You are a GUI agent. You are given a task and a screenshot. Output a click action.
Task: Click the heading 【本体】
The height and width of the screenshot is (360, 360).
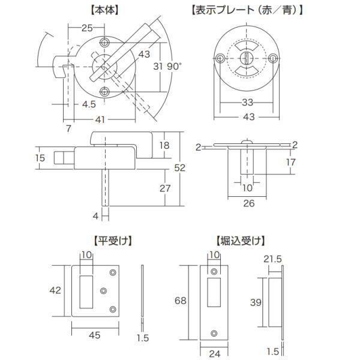pyautogui.click(x=104, y=10)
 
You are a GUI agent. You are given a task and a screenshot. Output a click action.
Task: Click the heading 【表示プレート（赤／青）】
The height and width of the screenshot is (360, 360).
pyautogui.click(x=247, y=10)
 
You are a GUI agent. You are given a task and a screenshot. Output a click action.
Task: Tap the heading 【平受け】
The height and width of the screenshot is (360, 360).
pyautogui.click(x=113, y=241)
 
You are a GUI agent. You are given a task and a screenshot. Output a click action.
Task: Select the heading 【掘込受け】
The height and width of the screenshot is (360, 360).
pyautogui.click(x=241, y=241)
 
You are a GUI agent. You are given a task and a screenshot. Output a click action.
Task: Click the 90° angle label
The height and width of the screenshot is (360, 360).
pyautogui.click(x=174, y=67)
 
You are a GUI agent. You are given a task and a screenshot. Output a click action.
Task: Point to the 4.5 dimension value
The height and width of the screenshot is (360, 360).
pyautogui.click(x=89, y=104)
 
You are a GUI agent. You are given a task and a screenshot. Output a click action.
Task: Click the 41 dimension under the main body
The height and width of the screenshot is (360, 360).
pyautogui.click(x=100, y=119)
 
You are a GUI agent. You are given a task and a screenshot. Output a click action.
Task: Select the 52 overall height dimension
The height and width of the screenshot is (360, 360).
pyautogui.click(x=179, y=168)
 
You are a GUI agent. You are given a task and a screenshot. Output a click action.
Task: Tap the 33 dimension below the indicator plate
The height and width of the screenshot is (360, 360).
pyautogui.click(x=247, y=103)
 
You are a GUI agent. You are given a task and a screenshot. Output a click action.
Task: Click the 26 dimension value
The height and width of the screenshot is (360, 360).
pyautogui.click(x=249, y=203)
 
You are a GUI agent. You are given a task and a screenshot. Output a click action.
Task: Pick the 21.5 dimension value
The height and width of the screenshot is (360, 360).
pyautogui.click(x=272, y=259)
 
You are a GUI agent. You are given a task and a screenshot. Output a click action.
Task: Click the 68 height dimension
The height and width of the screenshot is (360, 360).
pyautogui.click(x=180, y=301)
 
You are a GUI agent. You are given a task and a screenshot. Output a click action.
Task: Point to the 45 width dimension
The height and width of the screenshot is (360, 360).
pyautogui.click(x=95, y=335)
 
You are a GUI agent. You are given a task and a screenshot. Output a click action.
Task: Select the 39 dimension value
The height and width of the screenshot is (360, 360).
pyautogui.click(x=256, y=302)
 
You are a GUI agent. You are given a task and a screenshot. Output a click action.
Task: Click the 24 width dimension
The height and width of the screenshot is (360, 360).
pyautogui.click(x=214, y=354)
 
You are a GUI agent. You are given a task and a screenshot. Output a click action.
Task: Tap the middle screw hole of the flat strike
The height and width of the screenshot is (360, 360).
pyautogui.click(x=104, y=291)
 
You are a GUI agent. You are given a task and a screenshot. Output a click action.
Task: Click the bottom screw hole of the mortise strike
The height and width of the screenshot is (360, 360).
pyautogui.click(x=214, y=333)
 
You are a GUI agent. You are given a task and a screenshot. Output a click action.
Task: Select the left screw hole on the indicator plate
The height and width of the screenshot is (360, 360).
pyautogui.click(x=220, y=58)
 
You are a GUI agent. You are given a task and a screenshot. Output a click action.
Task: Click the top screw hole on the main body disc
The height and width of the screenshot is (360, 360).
pyautogui.click(x=104, y=43)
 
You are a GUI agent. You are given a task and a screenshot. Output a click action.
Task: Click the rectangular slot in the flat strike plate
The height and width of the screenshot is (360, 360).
pyautogui.click(x=86, y=292)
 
